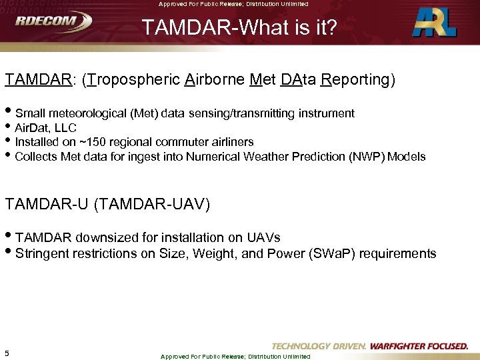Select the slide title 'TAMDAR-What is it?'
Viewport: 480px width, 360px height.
(x=239, y=29)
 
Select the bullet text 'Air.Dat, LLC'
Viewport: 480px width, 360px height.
(x=45, y=128)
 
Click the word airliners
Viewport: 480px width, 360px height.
(x=232, y=142)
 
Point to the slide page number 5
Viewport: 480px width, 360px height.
(x=7, y=353)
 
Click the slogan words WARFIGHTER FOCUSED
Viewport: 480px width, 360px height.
(x=419, y=346)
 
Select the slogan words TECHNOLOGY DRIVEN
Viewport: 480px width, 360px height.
(x=319, y=346)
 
